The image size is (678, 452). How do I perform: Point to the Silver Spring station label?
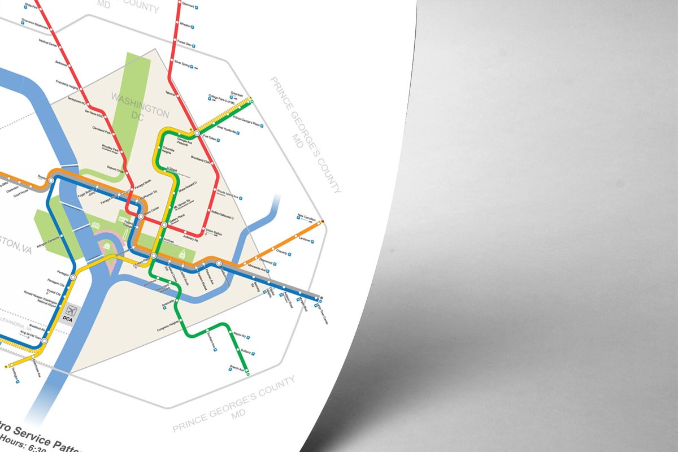tap(182, 63)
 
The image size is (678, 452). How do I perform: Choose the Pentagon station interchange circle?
tap(73, 277)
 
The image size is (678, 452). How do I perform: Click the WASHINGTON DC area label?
tap(139, 105)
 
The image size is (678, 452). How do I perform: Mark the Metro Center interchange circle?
tap(141, 216)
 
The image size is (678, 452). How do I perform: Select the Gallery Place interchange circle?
tap(164, 225)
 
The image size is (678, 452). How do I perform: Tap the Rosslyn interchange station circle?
tap(51, 180)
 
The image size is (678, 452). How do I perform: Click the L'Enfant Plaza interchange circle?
tap(154, 255)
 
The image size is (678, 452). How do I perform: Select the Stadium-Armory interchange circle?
tap(219, 263)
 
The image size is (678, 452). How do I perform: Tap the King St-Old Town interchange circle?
tap(44, 341)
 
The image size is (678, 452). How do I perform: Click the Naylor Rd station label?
tap(238, 334)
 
